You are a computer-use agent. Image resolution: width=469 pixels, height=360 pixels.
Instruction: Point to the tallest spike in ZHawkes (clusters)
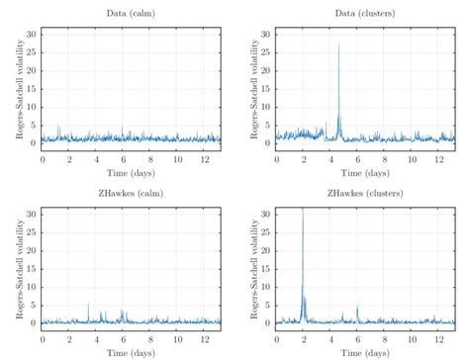click(x=303, y=213)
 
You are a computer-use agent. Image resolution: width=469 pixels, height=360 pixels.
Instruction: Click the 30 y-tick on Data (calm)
click(x=32, y=34)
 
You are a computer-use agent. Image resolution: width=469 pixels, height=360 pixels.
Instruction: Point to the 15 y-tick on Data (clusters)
click(x=265, y=88)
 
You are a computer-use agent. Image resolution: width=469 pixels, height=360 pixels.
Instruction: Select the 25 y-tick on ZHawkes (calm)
click(x=32, y=232)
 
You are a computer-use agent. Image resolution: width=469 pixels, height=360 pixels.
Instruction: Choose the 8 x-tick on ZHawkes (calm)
click(x=150, y=337)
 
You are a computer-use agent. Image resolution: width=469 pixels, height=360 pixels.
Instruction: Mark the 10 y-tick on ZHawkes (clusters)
click(x=265, y=287)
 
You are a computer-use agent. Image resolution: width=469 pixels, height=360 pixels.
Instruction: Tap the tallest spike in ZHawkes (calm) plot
click(x=88, y=304)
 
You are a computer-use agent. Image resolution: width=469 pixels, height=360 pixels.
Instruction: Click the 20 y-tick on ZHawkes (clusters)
click(x=265, y=250)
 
